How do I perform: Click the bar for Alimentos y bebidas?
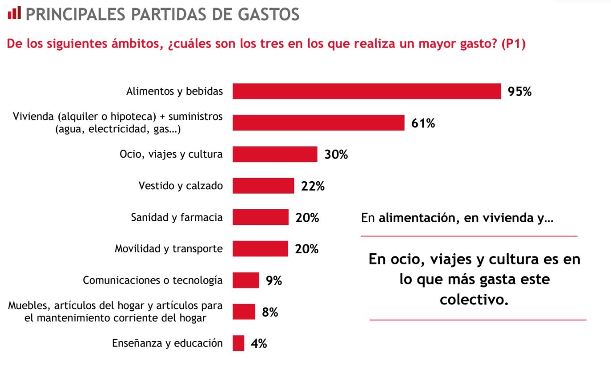pos(367,91)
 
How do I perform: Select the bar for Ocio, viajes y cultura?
pos(275,154)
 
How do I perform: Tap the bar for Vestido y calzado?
pos(263,186)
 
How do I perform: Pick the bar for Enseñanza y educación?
pos(239,343)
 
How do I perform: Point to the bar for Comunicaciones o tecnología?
pos(246,280)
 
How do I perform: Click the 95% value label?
pos(520,92)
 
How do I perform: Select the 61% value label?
pos(423,123)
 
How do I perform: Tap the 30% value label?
pos(336,154)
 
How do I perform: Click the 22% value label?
pos(313,186)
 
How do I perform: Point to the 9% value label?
pos(274,281)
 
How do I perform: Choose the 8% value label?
pos(270,313)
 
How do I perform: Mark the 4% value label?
pos(259,344)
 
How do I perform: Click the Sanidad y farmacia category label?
pos(177,217)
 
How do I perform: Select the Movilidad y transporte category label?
pos(169,248)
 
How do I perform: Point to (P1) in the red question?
pos(513,45)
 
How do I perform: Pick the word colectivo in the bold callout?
pos(474,299)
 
